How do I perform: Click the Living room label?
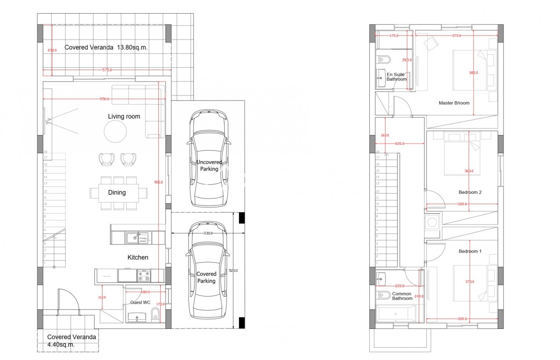click(x=124, y=117)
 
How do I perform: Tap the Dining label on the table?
click(x=117, y=193)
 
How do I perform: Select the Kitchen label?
click(x=138, y=258)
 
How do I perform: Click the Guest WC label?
click(x=140, y=302)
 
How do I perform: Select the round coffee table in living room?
click(x=115, y=132)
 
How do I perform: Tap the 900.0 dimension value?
click(x=158, y=182)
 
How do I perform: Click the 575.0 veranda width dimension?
click(x=107, y=70)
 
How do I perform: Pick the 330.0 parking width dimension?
click(x=208, y=234)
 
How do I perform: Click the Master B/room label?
click(x=454, y=103)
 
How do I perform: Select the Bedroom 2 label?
click(x=470, y=193)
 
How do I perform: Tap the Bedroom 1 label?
click(x=470, y=251)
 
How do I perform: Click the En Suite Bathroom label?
click(x=396, y=77)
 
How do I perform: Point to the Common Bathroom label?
click(x=402, y=296)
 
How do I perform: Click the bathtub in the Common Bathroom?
click(x=396, y=314)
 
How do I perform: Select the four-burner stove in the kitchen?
click(x=144, y=276)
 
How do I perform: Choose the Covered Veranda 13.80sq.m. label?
click(x=106, y=48)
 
